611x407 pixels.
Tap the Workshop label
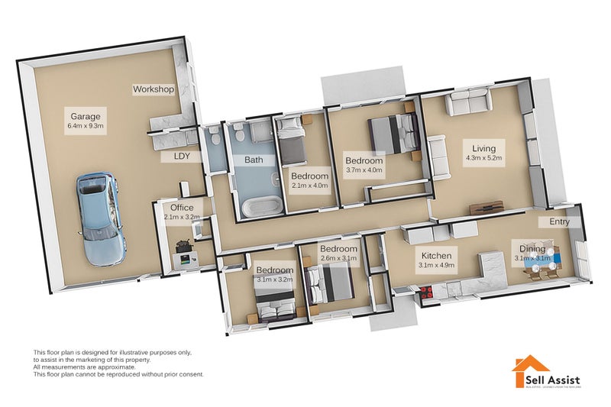click(x=154, y=89)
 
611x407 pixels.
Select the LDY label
click(x=182, y=157)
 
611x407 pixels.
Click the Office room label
click(x=182, y=207)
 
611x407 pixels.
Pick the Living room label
click(x=483, y=148)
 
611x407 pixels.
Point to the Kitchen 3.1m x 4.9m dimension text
click(x=436, y=266)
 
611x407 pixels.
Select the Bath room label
click(x=254, y=160)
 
